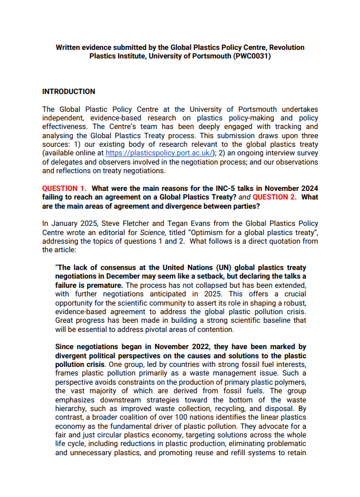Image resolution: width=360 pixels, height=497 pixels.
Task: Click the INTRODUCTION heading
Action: click(x=69, y=92)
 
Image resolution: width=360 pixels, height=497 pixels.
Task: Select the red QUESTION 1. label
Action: click(x=64, y=189)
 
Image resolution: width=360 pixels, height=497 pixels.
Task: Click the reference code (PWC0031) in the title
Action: click(x=249, y=56)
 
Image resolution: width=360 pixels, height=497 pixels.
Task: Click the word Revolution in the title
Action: click(x=287, y=48)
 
